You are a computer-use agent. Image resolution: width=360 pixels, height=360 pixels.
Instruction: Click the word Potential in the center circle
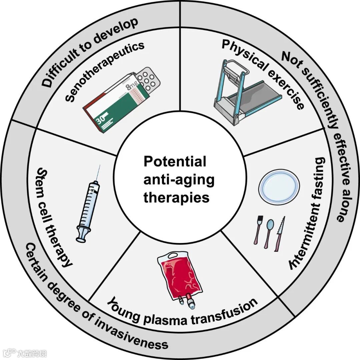point(175,162)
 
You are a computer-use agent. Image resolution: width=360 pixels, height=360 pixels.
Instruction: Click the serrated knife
point(280,233)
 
